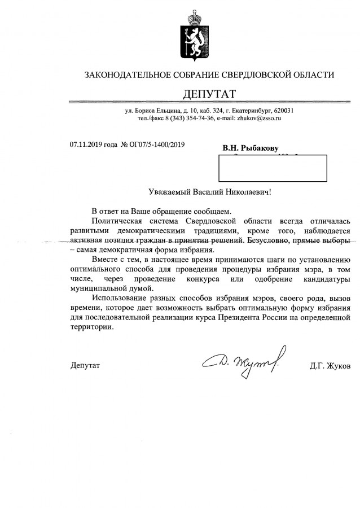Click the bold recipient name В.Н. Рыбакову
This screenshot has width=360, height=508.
point(251,148)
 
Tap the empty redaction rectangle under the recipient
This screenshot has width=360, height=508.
point(272,168)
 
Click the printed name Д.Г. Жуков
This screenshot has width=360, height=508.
point(330,366)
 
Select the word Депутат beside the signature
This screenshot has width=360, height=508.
point(85,366)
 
